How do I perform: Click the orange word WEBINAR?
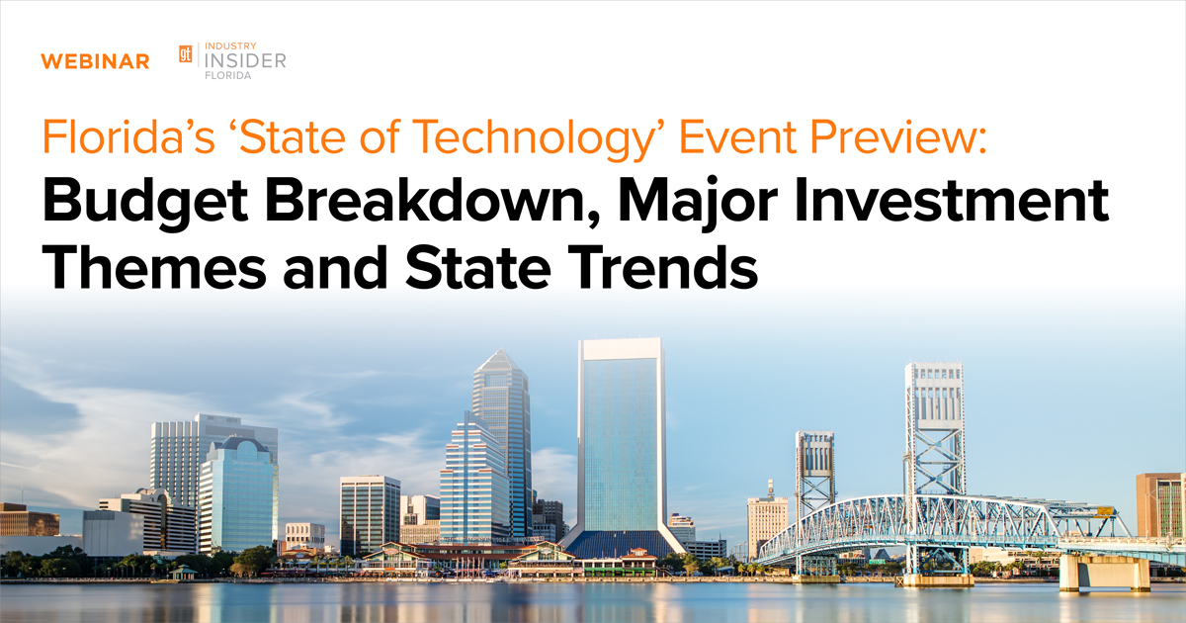(x=95, y=61)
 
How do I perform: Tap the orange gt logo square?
(x=185, y=54)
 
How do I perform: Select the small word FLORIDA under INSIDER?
(x=227, y=77)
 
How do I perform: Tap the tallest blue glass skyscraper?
(x=621, y=435)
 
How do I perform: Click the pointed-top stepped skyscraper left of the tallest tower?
(x=502, y=425)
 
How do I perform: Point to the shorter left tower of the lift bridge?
(x=815, y=470)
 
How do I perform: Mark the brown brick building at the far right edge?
(x=1160, y=504)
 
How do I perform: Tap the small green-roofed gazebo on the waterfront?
(x=182, y=572)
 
